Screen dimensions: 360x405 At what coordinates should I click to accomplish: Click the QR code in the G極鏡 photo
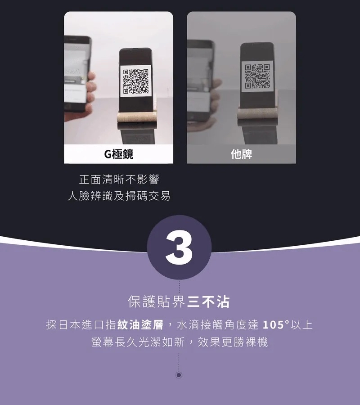[136, 81]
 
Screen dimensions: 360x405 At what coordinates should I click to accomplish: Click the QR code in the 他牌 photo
[257, 76]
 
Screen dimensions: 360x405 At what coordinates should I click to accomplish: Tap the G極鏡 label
[118, 154]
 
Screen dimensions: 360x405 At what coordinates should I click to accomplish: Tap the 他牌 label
[242, 154]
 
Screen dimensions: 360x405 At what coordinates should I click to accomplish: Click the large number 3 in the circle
[179, 247]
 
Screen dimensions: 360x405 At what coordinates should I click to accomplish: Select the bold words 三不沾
[208, 301]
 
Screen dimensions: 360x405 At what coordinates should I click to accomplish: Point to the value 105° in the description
[276, 324]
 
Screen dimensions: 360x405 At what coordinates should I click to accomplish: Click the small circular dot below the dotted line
[179, 375]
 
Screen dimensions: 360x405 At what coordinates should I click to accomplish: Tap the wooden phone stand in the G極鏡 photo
[137, 116]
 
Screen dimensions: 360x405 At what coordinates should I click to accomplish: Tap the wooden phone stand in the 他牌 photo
[258, 113]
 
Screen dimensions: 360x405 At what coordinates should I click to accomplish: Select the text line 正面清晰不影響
[119, 179]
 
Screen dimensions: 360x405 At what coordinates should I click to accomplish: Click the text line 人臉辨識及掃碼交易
[119, 196]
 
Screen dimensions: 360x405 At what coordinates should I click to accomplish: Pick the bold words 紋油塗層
[140, 324]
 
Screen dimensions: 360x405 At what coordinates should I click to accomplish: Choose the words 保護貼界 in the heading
[156, 301]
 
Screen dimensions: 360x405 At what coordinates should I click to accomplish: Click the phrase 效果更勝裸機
[233, 342]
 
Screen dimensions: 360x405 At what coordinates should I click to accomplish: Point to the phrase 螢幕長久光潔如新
[138, 342]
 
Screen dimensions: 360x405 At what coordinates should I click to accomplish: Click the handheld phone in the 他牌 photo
[201, 80]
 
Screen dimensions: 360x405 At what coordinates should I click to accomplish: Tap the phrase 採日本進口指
[81, 324]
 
